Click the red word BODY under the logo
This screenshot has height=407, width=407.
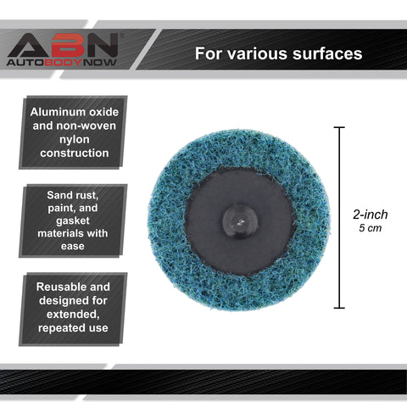tap(64, 63)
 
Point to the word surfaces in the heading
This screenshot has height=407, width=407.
tap(327, 53)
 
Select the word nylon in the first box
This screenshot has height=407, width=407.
tap(75, 140)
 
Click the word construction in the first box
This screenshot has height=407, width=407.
tap(75, 153)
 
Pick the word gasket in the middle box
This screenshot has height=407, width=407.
tap(73, 220)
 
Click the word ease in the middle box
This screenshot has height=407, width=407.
tap(73, 246)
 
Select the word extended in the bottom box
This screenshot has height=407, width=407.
tap(73, 315)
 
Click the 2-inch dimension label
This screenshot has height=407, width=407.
tap(371, 215)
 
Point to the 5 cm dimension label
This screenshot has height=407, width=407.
tap(371, 228)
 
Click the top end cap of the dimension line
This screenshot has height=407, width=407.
tap(339, 127)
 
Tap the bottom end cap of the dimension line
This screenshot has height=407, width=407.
tap(339, 308)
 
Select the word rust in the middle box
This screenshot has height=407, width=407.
tap(86, 195)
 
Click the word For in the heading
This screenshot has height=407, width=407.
tap(208, 53)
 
